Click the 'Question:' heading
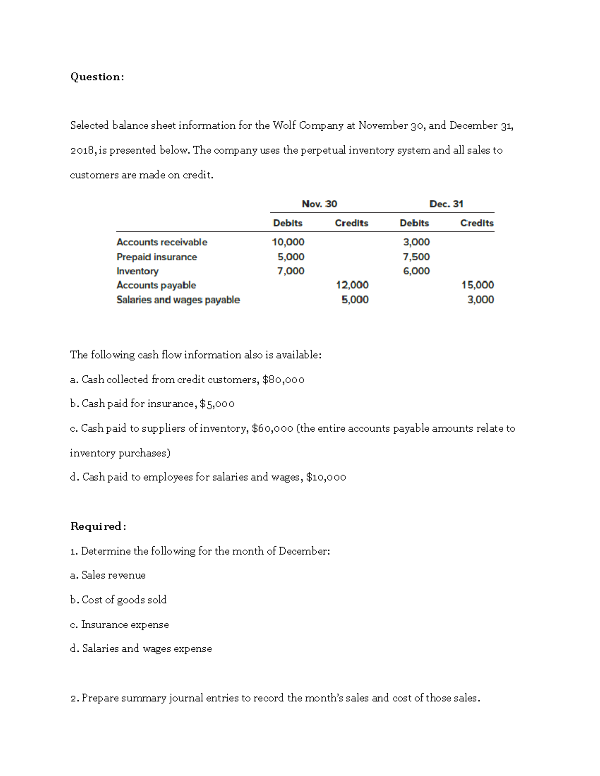tap(97, 77)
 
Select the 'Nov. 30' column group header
tap(319, 204)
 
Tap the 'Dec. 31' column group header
tap(446, 204)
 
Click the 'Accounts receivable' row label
tap(162, 242)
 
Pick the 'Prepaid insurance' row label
tap(157, 257)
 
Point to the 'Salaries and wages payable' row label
tap(178, 300)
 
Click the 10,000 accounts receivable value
tap(288, 242)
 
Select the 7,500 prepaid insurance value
tap(416, 257)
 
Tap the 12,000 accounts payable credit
tap(352, 285)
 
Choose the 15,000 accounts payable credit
tap(477, 285)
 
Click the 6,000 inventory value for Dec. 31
tap(416, 271)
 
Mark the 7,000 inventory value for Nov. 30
tap(291, 271)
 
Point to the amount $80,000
tap(283, 380)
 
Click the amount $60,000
tap(273, 429)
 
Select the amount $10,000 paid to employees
tap(326, 477)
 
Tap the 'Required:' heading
tap(98, 526)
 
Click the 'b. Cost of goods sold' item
tap(118, 600)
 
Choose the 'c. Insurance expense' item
tap(119, 625)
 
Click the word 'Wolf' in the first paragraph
tap(284, 126)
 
